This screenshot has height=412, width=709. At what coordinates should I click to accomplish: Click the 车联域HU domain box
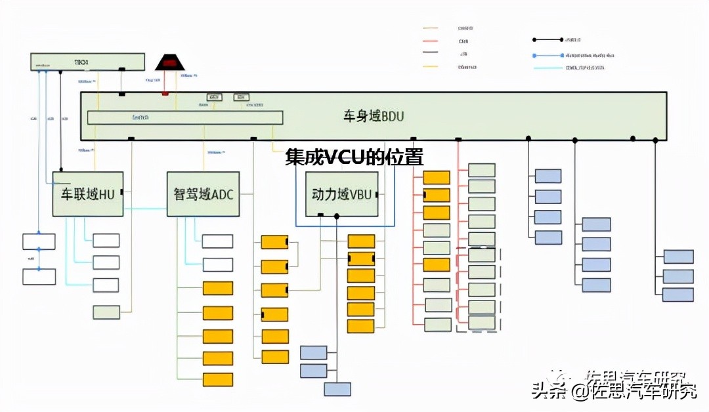coord(88,194)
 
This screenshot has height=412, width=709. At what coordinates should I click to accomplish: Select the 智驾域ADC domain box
coord(204,194)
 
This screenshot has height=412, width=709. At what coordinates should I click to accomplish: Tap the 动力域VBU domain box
coord(341,194)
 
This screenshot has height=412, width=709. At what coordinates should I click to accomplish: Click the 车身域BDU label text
coord(374,117)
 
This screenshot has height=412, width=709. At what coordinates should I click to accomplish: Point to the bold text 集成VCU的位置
coord(354,157)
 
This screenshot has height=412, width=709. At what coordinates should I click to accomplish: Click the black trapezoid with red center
coord(169,63)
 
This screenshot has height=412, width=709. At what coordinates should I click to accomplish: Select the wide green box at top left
coord(88,62)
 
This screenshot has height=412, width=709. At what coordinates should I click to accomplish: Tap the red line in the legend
coord(431,41)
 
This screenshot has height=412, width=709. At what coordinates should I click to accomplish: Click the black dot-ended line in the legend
coord(548,41)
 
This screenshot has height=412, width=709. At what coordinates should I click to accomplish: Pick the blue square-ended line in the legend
coord(548,55)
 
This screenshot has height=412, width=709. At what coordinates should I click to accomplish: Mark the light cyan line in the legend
coord(548,68)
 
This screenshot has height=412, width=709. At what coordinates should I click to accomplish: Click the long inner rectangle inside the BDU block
coord(185,117)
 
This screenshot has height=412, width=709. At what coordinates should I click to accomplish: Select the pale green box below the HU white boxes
coord(106,312)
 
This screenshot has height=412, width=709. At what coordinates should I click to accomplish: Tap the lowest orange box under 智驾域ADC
coord(218,379)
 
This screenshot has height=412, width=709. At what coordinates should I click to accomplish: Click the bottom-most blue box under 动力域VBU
coord(337,389)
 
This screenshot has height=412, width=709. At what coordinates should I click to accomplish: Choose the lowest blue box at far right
coord(678,295)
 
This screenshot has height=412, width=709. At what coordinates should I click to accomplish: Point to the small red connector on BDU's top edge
coord(165,94)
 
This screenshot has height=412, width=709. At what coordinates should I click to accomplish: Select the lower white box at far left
coord(39,276)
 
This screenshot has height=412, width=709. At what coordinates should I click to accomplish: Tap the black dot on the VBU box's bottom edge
coord(337,216)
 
